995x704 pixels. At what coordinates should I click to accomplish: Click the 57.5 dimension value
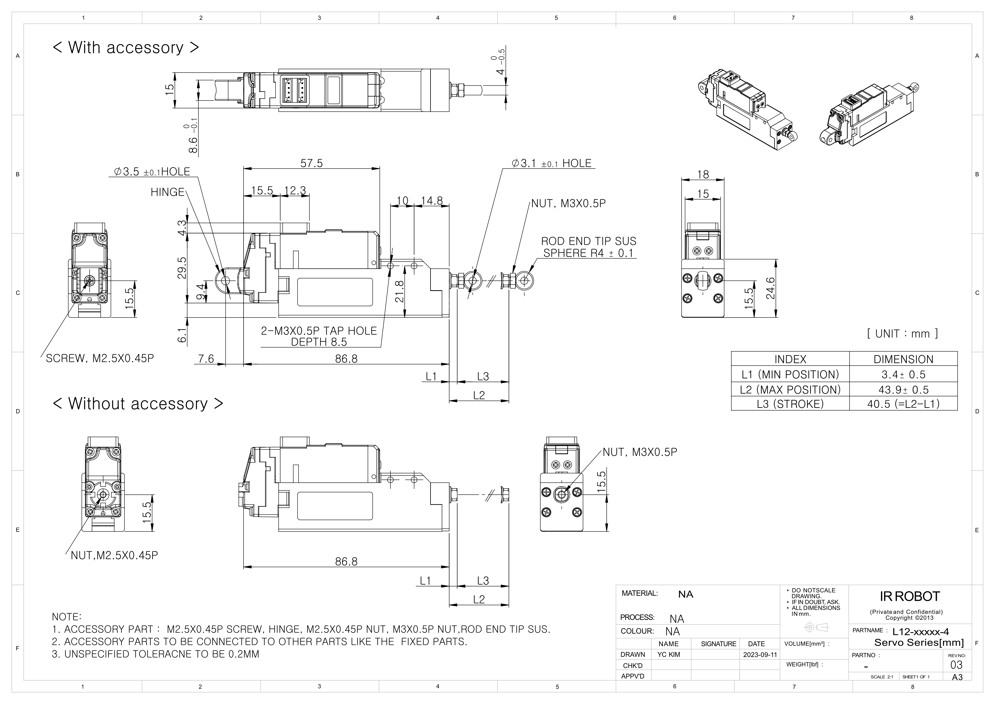tap(312, 163)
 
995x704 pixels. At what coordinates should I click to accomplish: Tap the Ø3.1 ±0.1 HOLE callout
tap(551, 163)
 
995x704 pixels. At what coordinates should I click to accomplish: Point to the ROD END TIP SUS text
tap(588, 241)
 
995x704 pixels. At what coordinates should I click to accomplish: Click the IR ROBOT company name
tap(910, 596)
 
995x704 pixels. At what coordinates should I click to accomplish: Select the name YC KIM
tap(669, 655)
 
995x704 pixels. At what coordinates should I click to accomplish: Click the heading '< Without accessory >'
tap(138, 404)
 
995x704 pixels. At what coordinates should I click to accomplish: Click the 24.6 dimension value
tap(770, 288)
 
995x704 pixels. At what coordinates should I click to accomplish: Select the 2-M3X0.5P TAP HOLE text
tap(319, 331)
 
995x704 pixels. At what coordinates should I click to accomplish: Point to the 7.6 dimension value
tap(206, 359)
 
